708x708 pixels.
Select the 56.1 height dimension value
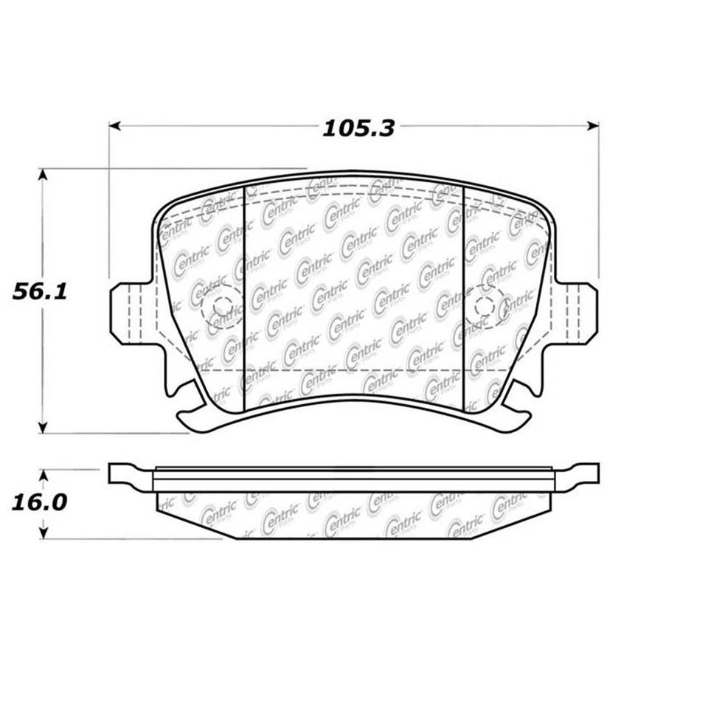tap(40, 292)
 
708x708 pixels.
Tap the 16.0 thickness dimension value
tap(39, 503)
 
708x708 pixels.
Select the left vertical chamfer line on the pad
tap(244, 299)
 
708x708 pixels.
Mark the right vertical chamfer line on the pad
tap(462, 299)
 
